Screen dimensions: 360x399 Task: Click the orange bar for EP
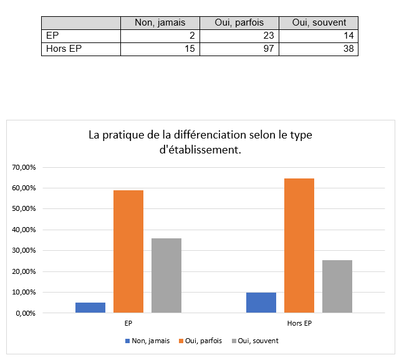click(128, 251)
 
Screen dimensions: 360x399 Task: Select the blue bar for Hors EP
click(261, 303)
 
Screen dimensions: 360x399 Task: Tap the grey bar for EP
click(166, 275)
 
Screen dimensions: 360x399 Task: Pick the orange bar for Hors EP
click(299, 245)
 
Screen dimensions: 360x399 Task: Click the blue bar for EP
click(90, 308)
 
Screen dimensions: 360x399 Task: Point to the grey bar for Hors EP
click(337, 286)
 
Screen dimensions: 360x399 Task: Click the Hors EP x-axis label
click(299, 324)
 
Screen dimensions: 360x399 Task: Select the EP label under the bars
click(128, 324)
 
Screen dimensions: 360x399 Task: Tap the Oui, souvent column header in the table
click(319, 22)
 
